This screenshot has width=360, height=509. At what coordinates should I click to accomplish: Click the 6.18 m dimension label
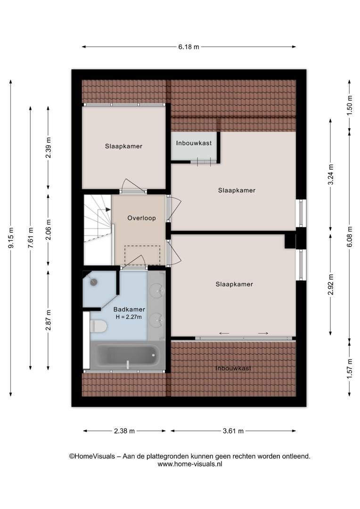point(188,47)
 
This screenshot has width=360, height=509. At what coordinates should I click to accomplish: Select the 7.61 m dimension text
point(31,238)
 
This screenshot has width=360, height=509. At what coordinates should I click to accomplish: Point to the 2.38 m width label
point(124,431)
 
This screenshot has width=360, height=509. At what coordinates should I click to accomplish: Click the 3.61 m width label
point(233,431)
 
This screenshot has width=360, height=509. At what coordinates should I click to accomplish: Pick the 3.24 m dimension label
point(331,174)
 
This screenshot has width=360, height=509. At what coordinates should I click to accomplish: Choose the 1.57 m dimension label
point(350,368)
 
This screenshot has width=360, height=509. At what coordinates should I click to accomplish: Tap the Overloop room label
point(141,218)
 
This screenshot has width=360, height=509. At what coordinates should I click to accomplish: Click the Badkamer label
point(129,309)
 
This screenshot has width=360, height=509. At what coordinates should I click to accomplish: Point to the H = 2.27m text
point(129,317)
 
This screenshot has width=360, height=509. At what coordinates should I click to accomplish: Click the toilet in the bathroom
point(98,326)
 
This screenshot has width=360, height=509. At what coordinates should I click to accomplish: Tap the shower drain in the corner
point(94,282)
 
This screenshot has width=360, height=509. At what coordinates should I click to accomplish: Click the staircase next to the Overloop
point(98,230)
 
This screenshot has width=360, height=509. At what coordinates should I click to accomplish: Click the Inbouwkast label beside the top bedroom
point(194,143)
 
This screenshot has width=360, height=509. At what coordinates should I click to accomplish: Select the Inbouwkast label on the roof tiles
point(233,369)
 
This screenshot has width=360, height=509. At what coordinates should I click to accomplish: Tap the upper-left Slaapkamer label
point(123,147)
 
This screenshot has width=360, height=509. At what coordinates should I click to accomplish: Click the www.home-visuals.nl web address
point(190,464)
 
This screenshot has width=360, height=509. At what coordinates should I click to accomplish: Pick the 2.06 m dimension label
point(49,230)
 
